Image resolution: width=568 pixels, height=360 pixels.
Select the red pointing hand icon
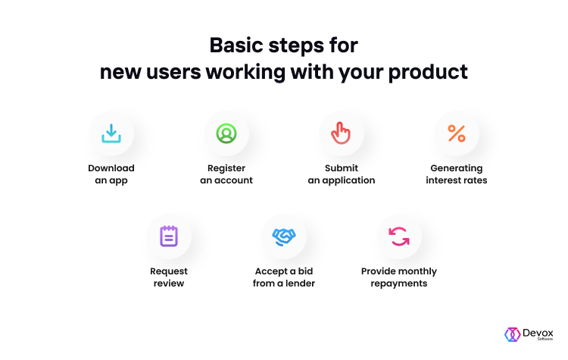[x=341, y=133]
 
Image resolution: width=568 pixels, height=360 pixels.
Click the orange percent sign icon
[x=457, y=133]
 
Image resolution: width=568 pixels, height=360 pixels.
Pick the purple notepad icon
[x=169, y=236]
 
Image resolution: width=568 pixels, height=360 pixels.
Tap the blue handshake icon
[x=284, y=237]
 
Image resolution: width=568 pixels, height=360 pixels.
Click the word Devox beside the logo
[x=538, y=333]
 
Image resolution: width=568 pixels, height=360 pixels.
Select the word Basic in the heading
[x=236, y=45]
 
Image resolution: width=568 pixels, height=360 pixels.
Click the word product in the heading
[x=428, y=72]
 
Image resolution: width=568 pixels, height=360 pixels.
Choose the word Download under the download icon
[x=111, y=168]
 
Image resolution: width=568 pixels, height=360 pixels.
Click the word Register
[x=226, y=168]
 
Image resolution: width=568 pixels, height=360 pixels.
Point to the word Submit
[x=342, y=168]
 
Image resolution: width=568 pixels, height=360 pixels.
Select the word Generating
[x=457, y=168]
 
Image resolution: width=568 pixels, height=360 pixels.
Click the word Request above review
[x=169, y=271]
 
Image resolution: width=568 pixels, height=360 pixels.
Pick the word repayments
[x=399, y=283]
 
